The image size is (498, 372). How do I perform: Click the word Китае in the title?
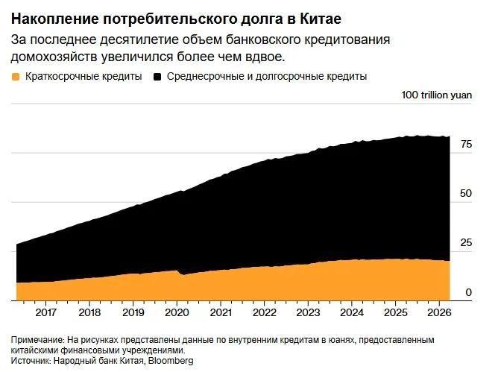321,19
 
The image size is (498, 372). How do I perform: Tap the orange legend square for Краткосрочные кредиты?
15,77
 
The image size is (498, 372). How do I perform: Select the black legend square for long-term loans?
157,77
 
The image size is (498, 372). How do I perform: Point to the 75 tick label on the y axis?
466,144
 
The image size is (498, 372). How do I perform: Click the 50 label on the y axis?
466,194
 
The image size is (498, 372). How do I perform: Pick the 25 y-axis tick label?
466,243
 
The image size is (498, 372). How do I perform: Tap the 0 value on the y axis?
469,292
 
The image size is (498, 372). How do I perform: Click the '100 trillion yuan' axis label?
437,95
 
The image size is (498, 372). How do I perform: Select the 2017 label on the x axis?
45,312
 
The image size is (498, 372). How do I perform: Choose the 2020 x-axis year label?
177,312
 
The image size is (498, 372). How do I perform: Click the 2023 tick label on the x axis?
308,312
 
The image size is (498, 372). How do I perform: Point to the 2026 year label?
439,312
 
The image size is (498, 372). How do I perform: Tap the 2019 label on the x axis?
133,312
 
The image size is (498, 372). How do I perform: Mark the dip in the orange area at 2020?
182,274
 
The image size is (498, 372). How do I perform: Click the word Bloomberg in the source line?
171,361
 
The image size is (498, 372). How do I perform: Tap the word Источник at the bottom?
30,361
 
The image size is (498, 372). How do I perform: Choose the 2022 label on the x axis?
264,312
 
